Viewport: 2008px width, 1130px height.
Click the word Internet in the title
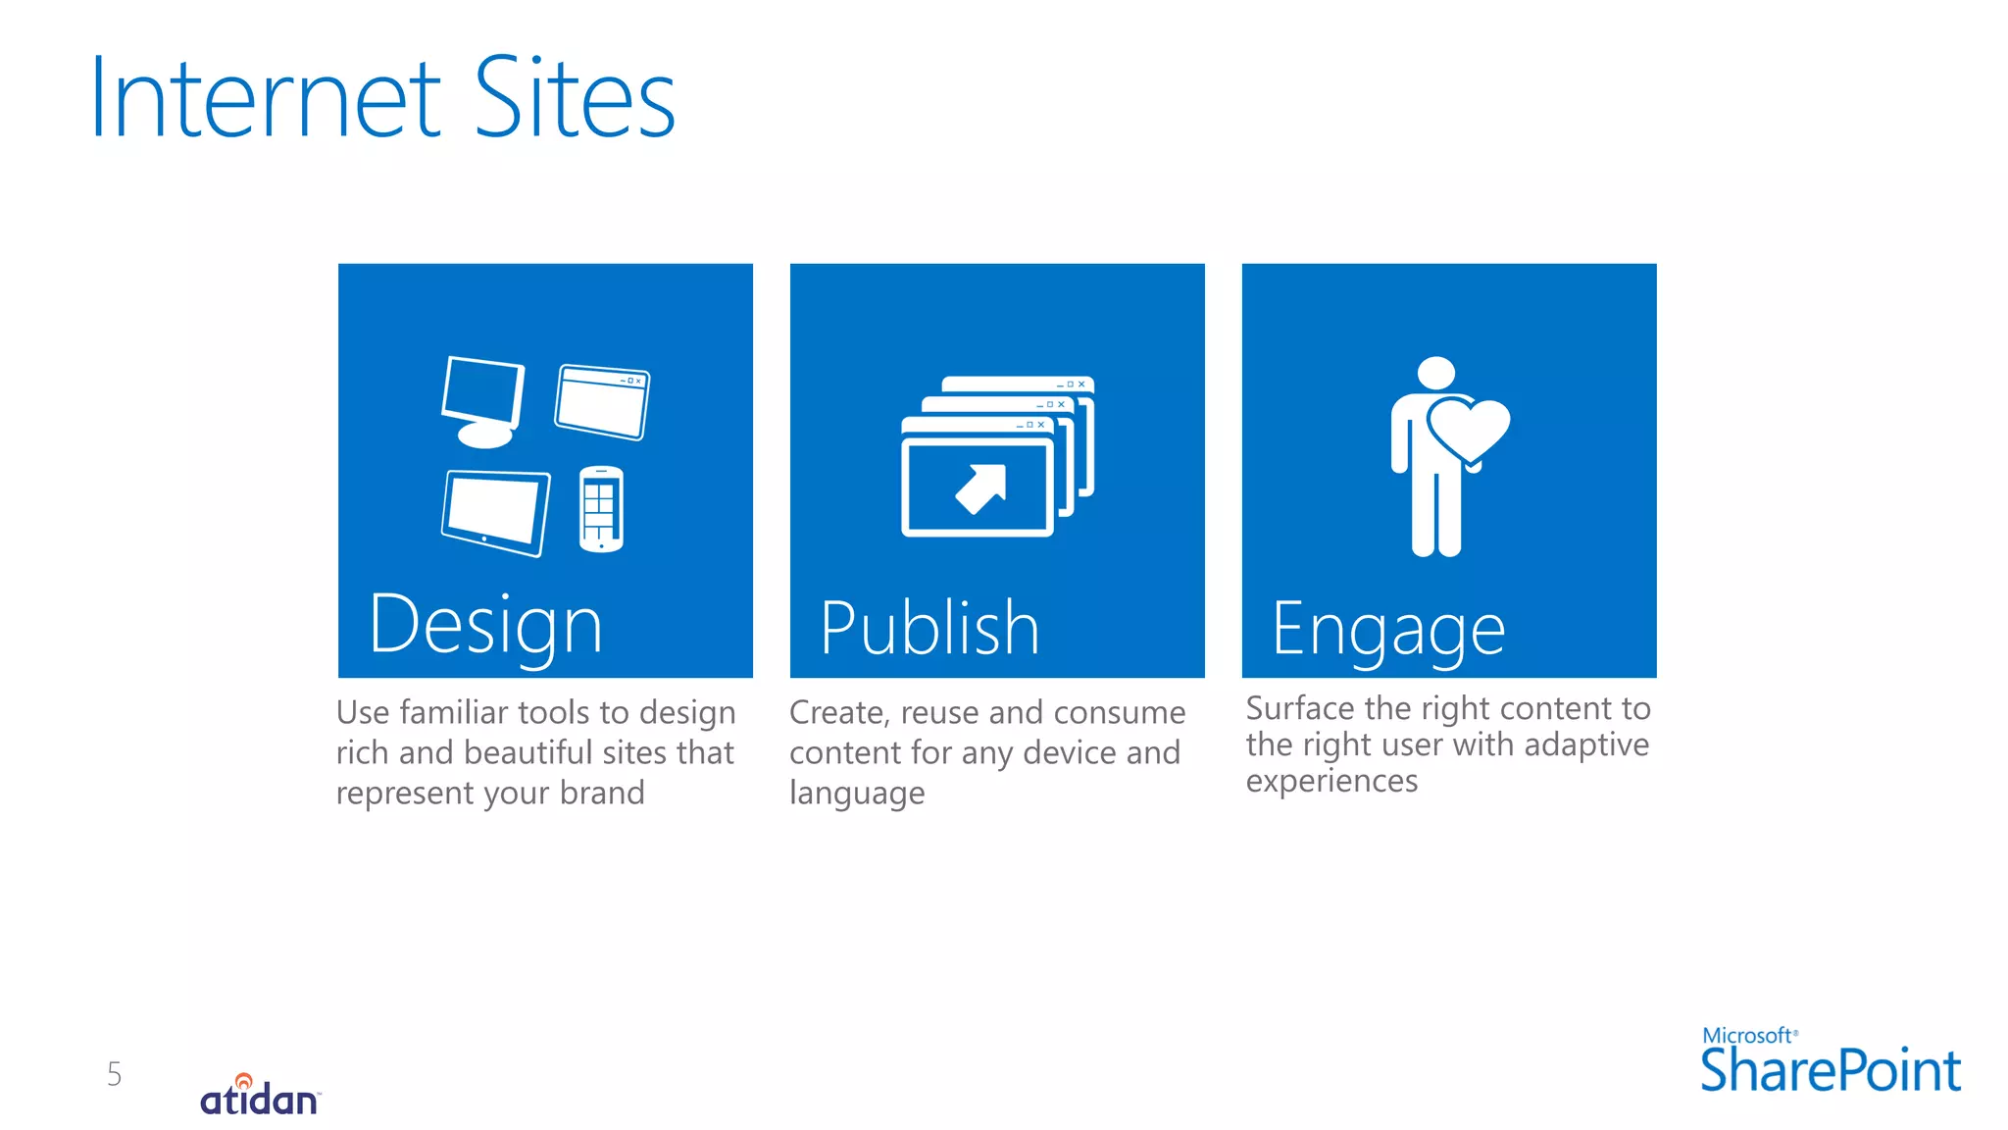pos(265,98)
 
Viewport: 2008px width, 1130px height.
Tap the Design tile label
pos(485,626)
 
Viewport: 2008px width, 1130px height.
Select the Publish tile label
pos(929,628)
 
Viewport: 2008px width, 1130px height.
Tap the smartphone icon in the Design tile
pos(600,508)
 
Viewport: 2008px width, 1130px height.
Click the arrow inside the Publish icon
pos(981,488)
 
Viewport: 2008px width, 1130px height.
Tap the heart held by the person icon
pos(1468,429)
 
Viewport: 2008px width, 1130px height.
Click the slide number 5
pos(115,1074)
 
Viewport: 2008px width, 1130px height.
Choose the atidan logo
pos(260,1097)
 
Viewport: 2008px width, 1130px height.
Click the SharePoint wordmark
pos(1830,1071)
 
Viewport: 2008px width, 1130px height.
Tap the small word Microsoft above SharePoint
pos(1747,1036)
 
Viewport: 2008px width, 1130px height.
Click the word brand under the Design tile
pos(602,793)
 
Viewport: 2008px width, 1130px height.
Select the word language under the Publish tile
pos(857,794)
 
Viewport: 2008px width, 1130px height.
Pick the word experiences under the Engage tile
pos(1331,782)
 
